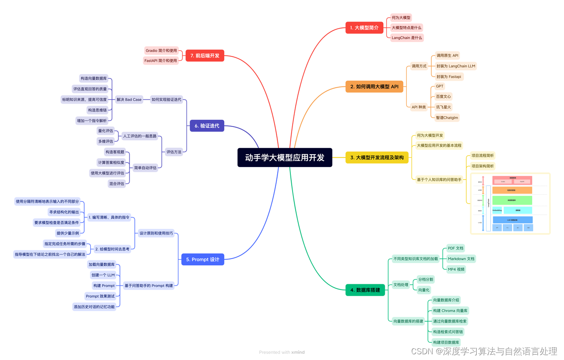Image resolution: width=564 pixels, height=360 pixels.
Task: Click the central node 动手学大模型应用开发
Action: coord(285,157)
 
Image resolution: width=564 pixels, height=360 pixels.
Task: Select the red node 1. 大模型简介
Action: coord(364,28)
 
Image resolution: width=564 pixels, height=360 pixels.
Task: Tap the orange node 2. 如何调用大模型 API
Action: coord(374,86)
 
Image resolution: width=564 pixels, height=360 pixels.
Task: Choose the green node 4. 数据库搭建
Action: coord(365,290)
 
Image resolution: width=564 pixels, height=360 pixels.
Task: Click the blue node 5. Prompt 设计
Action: coord(202,260)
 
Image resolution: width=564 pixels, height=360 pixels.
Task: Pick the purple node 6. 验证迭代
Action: coord(207,126)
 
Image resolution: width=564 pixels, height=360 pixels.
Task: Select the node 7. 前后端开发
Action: coord(204,56)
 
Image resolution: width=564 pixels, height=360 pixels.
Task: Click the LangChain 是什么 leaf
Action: coord(407,38)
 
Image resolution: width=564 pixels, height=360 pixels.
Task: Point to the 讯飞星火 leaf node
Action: coord(443,107)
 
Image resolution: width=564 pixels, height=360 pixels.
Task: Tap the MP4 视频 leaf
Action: coord(456,269)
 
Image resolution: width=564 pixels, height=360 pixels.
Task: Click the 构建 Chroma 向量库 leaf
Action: coord(450,311)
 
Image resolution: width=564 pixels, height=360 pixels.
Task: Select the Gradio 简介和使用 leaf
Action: coord(161,51)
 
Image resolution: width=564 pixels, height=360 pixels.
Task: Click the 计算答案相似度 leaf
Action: coord(111,163)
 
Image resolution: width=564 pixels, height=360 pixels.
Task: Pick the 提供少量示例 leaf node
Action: coord(67,233)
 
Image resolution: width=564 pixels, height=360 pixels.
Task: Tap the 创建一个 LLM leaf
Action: coord(103,275)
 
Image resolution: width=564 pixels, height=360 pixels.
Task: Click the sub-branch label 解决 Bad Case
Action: coord(129,100)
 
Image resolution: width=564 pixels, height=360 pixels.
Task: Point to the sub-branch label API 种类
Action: coord(419,107)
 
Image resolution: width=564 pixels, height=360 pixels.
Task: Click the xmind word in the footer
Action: coord(298,353)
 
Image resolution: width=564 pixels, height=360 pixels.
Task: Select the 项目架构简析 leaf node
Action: coord(482,166)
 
